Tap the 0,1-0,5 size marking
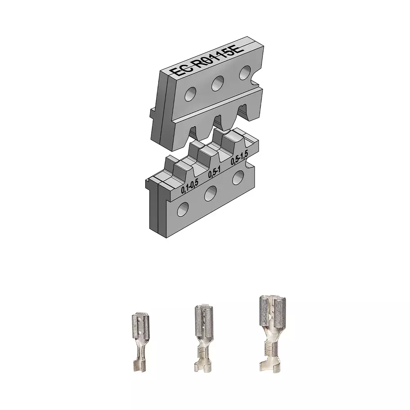190,186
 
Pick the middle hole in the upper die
217,83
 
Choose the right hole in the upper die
245,73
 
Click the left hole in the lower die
183,210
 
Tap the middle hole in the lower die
210,194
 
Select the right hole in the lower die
238,178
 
